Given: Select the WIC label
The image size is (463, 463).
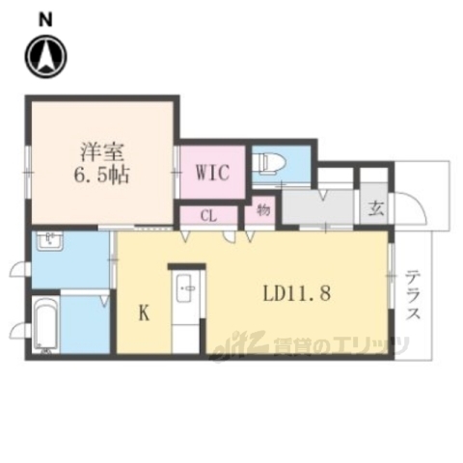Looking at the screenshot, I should pyautogui.click(x=211, y=174).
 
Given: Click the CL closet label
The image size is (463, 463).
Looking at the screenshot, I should pyautogui.click(x=208, y=216).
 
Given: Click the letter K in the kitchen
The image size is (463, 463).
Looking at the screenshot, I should pyautogui.click(x=143, y=313).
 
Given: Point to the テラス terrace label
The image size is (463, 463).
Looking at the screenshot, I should pyautogui.click(x=413, y=298).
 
